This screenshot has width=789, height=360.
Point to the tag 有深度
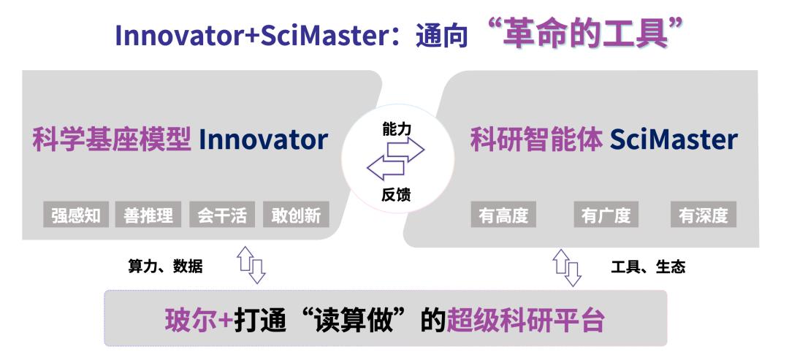[703, 215]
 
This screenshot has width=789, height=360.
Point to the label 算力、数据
[166, 267]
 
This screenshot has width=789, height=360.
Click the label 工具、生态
[648, 267]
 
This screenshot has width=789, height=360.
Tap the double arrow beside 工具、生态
[568, 267]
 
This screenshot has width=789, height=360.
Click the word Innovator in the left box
[263, 139]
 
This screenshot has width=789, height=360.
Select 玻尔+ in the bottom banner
[199, 320]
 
